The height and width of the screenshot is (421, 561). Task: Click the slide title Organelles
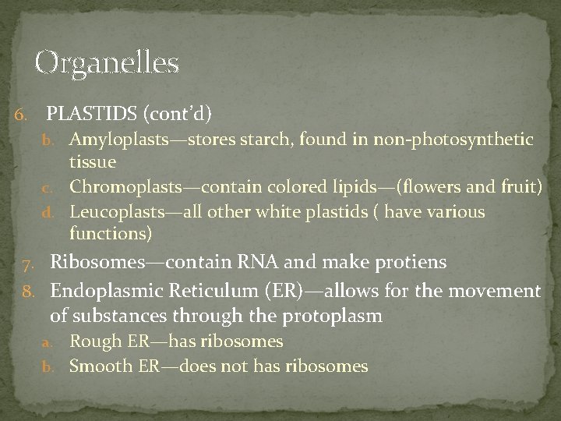tap(108, 62)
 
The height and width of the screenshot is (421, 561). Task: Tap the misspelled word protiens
tap(411, 262)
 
